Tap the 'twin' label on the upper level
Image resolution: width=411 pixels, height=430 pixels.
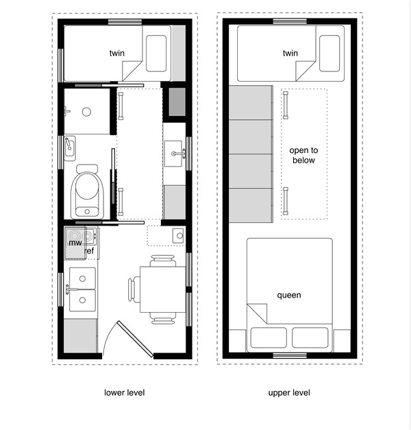290,53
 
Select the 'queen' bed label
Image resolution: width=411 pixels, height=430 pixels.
289,296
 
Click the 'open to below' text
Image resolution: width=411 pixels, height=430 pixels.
303,155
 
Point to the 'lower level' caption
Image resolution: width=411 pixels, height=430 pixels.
124,393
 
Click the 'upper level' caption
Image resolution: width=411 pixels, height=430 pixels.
289,393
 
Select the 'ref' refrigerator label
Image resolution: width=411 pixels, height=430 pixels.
89,252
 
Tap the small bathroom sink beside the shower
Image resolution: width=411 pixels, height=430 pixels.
70,147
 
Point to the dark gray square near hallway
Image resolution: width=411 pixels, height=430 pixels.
177,102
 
